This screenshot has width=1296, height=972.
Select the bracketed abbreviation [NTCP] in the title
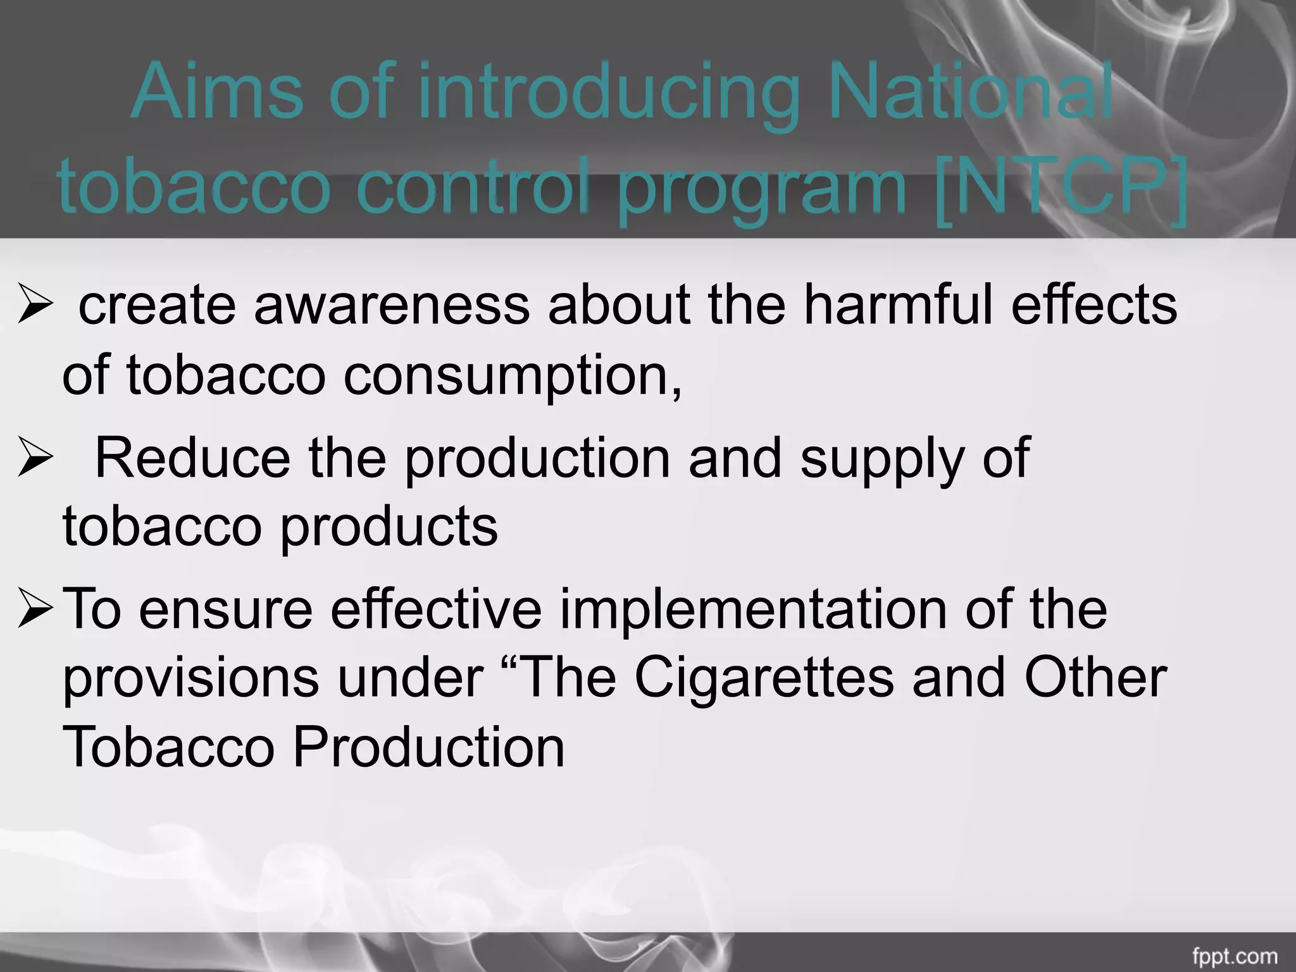point(1061,187)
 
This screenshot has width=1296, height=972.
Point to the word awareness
point(392,306)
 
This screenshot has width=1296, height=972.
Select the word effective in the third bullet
point(436,609)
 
